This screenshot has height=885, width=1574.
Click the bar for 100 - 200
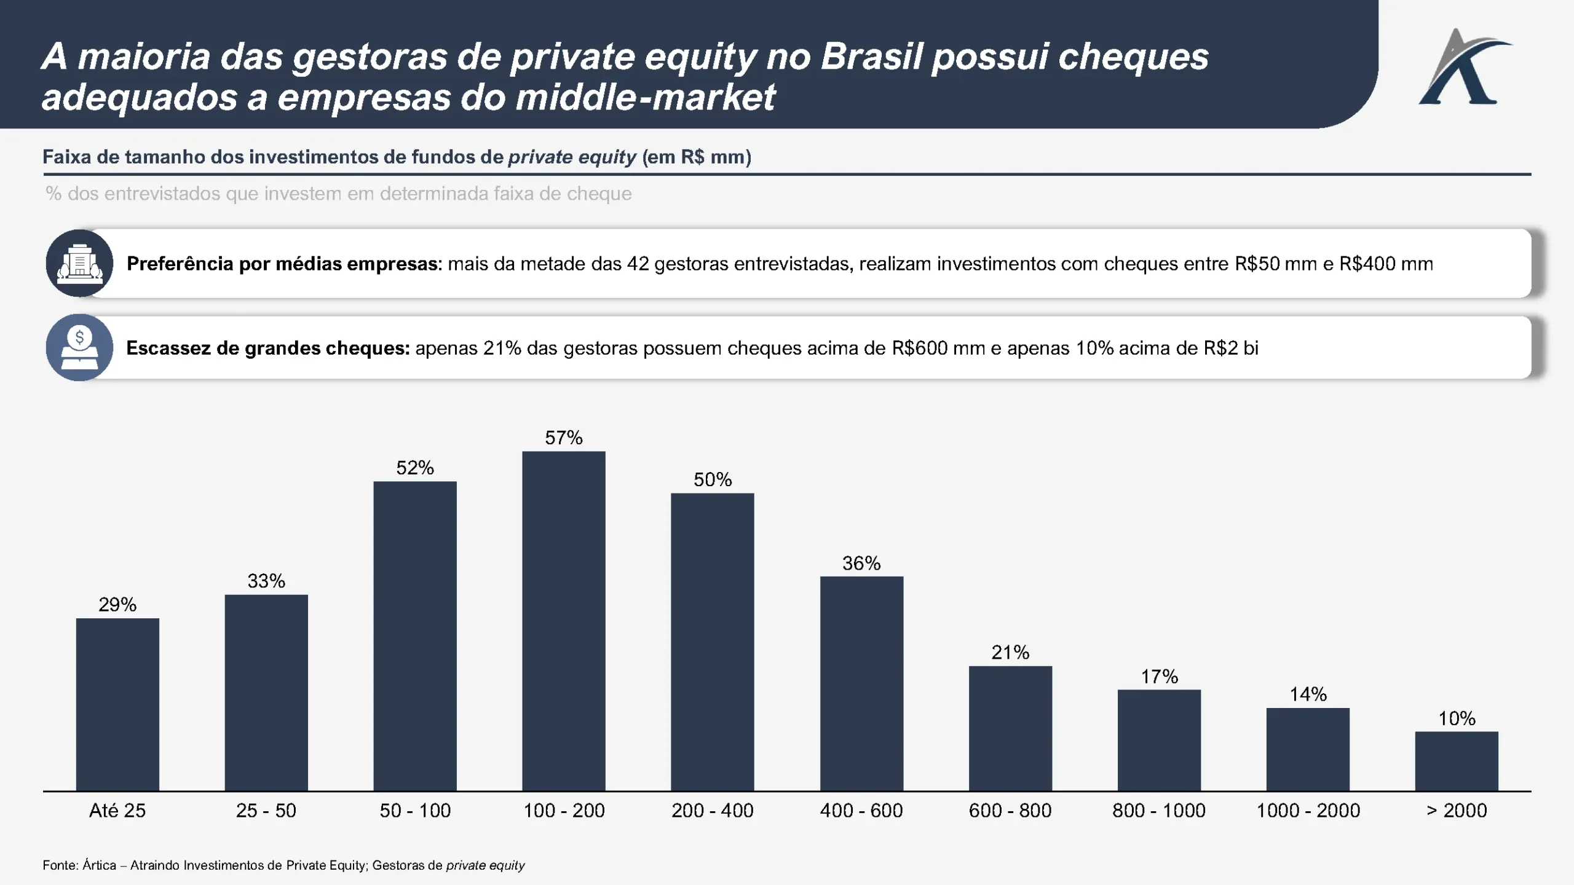click(564, 621)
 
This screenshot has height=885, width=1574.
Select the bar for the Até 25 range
click(117, 704)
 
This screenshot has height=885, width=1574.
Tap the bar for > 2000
click(1457, 761)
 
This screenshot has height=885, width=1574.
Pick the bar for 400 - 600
click(861, 683)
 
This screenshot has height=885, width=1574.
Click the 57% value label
click(564, 438)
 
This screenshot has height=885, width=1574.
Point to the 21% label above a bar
click(1010, 652)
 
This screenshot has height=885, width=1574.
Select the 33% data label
click(266, 581)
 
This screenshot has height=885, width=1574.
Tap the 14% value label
click(1308, 694)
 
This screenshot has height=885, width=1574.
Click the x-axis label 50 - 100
click(415, 811)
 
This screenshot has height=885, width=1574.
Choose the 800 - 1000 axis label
click(1159, 811)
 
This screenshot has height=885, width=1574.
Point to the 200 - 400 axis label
click(713, 811)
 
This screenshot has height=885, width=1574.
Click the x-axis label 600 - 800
click(1010, 811)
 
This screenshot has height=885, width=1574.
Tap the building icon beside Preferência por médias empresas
click(79, 264)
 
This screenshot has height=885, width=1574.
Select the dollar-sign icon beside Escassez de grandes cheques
click(79, 348)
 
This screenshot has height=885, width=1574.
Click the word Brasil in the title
click(872, 57)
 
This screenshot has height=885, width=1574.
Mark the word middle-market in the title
click(646, 97)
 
